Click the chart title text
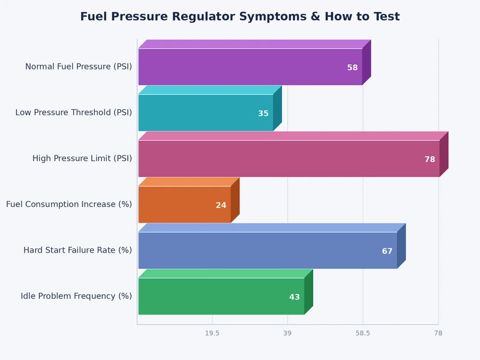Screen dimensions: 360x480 click(x=240, y=17)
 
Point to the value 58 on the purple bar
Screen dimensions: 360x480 click(x=352, y=68)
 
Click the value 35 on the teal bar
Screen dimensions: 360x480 click(x=263, y=113)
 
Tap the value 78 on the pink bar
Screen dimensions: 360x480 click(x=430, y=160)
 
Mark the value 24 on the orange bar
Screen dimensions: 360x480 click(x=221, y=205)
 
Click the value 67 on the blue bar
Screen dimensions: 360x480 click(x=387, y=251)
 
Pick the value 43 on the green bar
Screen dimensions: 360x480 click(x=295, y=297)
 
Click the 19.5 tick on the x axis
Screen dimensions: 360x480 click(x=212, y=333)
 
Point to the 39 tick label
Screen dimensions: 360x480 click(x=287, y=333)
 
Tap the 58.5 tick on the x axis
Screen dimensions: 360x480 click(x=362, y=333)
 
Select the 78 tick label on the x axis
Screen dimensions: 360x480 click(x=438, y=333)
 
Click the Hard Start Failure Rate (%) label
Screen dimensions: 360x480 click(x=77, y=250)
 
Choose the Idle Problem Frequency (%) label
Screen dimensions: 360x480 click(x=76, y=296)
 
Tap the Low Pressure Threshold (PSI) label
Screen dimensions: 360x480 click(x=74, y=113)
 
